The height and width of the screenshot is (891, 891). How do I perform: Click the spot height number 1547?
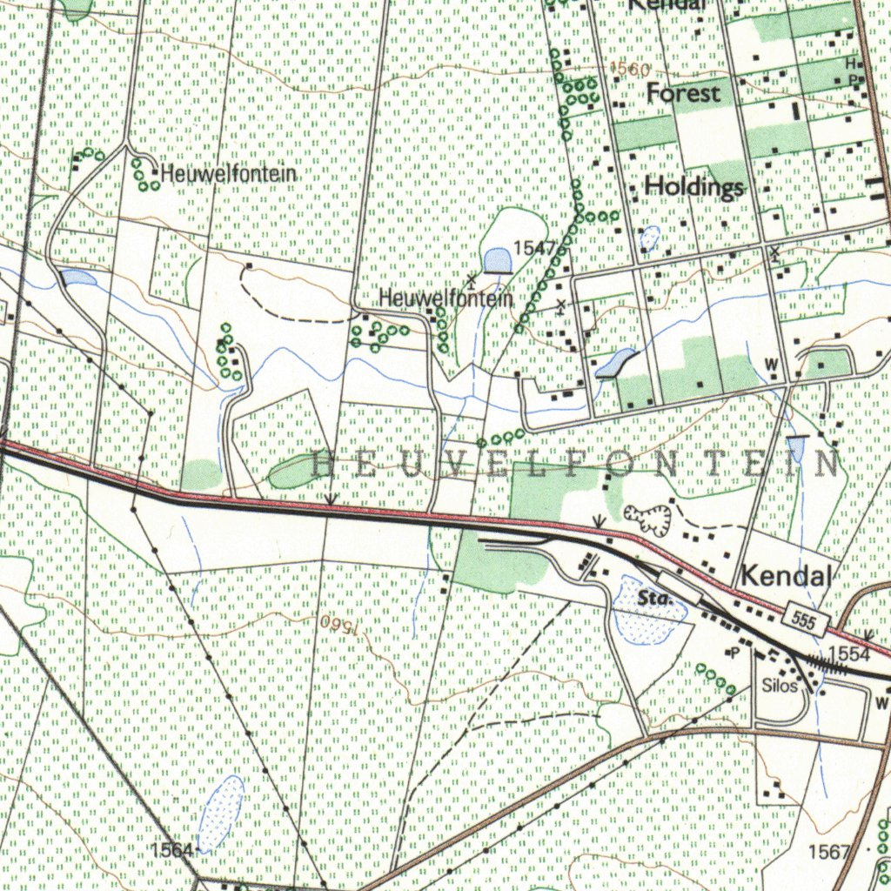point(533,248)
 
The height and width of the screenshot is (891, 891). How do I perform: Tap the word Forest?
point(684,93)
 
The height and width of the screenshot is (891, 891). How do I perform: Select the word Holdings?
point(694,186)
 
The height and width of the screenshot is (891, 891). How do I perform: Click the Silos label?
point(779,685)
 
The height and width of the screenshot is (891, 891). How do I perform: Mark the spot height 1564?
point(171,849)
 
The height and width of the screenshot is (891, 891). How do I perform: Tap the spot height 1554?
point(848,653)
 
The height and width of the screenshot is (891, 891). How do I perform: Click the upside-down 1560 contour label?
point(338,624)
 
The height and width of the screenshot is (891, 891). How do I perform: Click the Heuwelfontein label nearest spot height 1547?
point(445,298)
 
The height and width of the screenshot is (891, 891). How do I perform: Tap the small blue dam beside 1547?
point(498,260)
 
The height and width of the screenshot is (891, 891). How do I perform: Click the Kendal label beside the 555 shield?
point(786,575)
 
